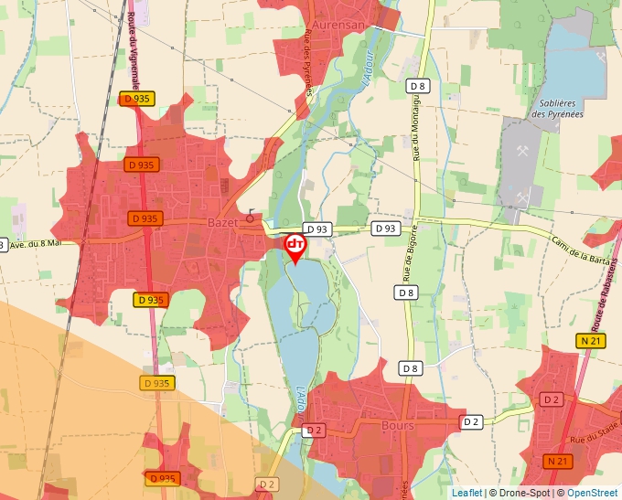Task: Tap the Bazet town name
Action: [223, 222]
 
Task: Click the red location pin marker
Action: [295, 248]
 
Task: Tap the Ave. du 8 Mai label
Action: [33, 243]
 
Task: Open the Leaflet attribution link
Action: [466, 493]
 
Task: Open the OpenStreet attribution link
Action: [592, 493]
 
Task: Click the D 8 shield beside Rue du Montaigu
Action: [418, 86]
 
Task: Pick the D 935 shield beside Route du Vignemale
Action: [137, 99]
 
